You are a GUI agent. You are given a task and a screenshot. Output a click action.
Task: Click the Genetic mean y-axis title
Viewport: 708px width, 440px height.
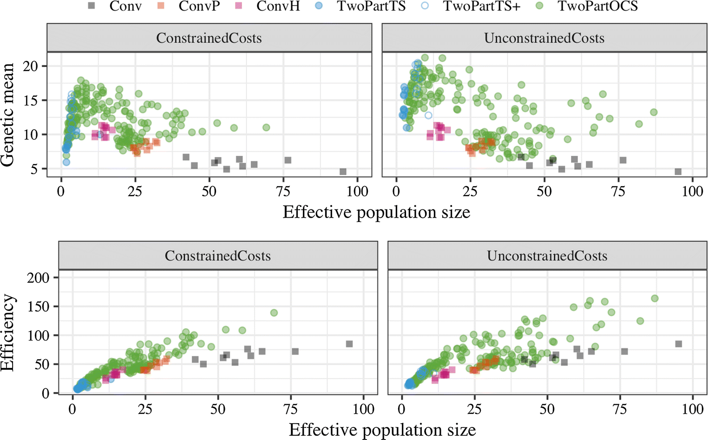(8, 114)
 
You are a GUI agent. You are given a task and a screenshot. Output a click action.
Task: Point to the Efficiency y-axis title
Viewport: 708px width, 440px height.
(8, 333)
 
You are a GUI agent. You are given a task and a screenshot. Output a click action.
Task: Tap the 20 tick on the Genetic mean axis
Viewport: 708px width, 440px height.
(31, 66)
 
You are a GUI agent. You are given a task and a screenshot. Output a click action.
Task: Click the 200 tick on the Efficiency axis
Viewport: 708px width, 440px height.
(38, 278)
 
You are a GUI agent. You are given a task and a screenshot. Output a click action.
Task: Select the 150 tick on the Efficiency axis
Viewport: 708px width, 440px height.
(38, 307)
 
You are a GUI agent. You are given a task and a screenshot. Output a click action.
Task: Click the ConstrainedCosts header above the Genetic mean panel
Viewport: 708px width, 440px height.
(209, 38)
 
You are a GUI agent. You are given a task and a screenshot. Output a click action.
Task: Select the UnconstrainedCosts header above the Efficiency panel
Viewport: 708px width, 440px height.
(547, 256)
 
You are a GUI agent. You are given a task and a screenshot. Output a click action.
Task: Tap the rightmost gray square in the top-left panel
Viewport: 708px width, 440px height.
(343, 172)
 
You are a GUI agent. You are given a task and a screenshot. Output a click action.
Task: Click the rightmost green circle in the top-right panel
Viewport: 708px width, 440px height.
(654, 112)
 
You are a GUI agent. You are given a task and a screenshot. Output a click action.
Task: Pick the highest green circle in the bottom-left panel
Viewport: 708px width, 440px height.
(274, 313)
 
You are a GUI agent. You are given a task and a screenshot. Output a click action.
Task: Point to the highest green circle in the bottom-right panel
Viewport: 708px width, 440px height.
(655, 298)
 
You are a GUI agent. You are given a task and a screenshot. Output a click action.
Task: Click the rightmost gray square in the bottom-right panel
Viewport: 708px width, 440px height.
(678, 344)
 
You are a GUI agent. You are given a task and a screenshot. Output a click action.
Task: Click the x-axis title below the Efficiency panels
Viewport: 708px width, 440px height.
(382, 430)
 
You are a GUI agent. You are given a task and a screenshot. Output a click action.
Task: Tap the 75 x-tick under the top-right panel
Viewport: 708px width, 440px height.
(618, 192)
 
